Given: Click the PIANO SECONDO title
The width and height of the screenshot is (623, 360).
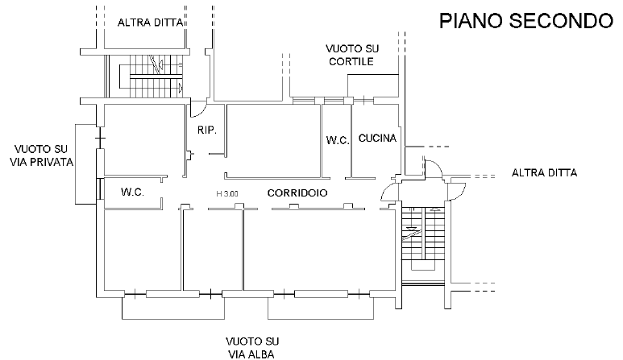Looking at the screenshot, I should point(526,21).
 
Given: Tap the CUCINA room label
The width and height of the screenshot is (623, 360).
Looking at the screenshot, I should point(377,139).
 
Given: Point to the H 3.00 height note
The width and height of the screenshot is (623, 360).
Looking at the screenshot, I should point(226,193).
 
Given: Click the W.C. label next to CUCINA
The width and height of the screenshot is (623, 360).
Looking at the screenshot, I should point(337,140).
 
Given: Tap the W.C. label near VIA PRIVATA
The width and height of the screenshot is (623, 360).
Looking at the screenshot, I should point(132,192).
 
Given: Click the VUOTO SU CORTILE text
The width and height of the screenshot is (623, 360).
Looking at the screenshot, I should point(349,55).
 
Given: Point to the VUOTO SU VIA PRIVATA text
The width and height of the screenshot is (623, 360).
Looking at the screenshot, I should point(44,155).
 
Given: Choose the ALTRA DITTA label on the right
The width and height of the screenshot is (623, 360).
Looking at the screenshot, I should point(545,172).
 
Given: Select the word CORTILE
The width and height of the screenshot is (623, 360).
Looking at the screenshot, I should point(349,61).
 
